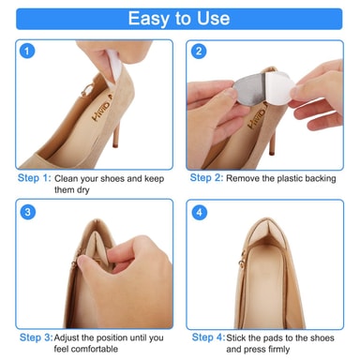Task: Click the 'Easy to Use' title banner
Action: click(179, 19)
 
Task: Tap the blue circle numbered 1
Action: click(27, 51)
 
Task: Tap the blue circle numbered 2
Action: click(199, 52)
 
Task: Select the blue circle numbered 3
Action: click(28, 212)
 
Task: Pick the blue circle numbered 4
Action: click(199, 213)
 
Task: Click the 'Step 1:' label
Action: click(34, 178)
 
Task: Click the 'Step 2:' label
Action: click(206, 178)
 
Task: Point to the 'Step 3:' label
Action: click(37, 337)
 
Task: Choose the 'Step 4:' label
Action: click(208, 337)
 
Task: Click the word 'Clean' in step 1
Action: click(66, 179)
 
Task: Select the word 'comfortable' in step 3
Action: click(86, 349)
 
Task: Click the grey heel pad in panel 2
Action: click(250, 89)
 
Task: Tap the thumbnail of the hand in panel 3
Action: click(82, 261)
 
